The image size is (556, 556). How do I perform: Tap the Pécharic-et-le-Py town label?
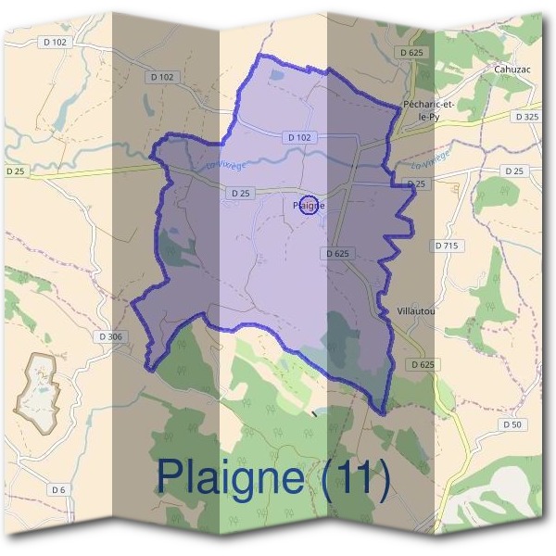426,110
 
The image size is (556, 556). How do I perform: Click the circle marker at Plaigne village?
311,206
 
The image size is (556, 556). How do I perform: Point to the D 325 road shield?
525,117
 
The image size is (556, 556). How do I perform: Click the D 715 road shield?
447,246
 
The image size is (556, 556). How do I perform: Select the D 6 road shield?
58,488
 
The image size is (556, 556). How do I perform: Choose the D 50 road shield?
511,423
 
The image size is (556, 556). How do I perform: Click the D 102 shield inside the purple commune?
301,137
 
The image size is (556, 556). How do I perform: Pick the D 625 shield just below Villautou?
422,365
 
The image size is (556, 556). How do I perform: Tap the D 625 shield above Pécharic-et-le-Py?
411,53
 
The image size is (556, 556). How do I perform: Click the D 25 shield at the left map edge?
16,171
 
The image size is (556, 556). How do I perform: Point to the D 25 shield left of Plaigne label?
239,193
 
